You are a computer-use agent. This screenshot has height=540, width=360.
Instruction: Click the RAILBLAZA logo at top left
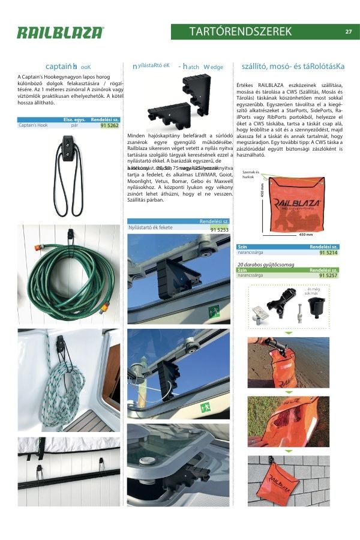coord(60,33)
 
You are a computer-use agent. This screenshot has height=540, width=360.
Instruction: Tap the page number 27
coord(349,32)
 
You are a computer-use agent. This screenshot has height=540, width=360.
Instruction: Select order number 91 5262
coord(109,126)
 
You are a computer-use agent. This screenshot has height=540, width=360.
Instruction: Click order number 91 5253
coord(219,229)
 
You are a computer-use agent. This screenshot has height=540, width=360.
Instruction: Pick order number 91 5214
coord(328,253)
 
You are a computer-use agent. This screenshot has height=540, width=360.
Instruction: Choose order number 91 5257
coord(328,275)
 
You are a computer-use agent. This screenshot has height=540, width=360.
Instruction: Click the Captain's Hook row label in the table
coord(33,126)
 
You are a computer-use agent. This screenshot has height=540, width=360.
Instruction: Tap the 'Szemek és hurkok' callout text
coord(251,175)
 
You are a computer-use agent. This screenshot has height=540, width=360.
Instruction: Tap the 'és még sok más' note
coord(312,292)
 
